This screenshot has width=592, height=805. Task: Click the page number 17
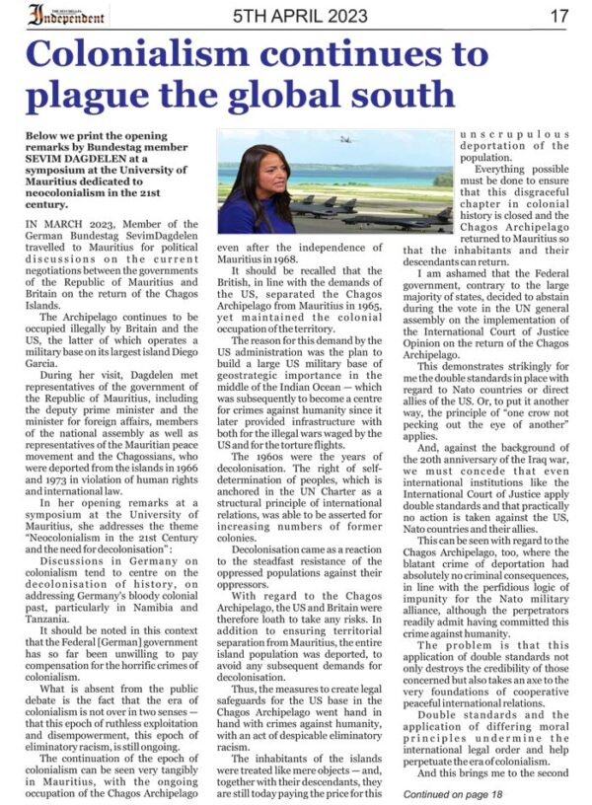(559, 16)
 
